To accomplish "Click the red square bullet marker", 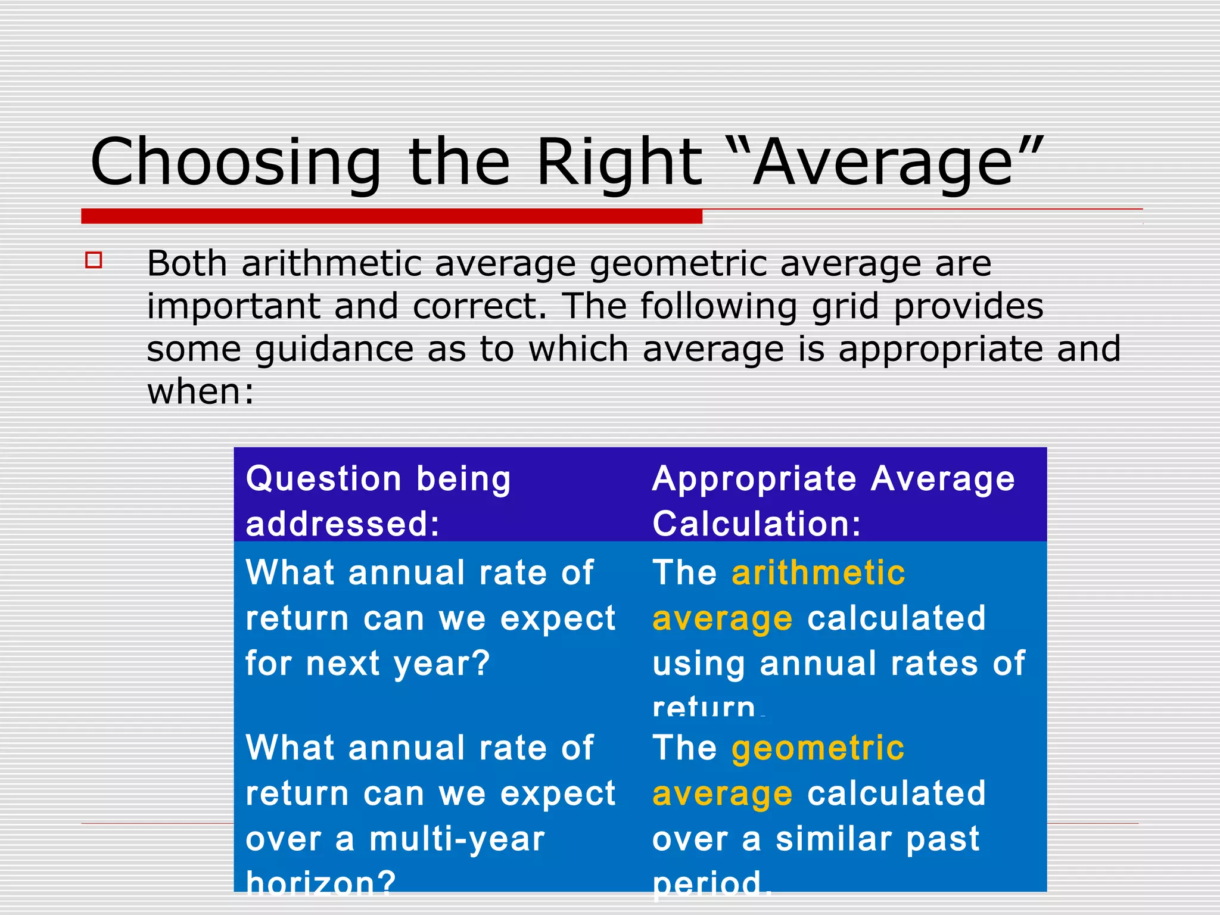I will click(x=94, y=260).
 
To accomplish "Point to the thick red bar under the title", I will click(x=391, y=216).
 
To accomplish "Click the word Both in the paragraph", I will click(x=187, y=263).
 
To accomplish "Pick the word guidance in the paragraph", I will click(x=334, y=350).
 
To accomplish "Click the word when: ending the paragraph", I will click(x=201, y=393).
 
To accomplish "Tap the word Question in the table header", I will click(x=323, y=479).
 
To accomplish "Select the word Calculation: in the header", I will click(x=757, y=524).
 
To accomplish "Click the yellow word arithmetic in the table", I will click(x=818, y=573).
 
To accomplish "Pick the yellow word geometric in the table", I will click(x=818, y=749).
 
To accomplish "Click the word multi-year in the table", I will click(x=457, y=839).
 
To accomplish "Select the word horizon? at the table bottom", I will click(x=321, y=883).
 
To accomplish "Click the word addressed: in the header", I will click(x=343, y=524).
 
